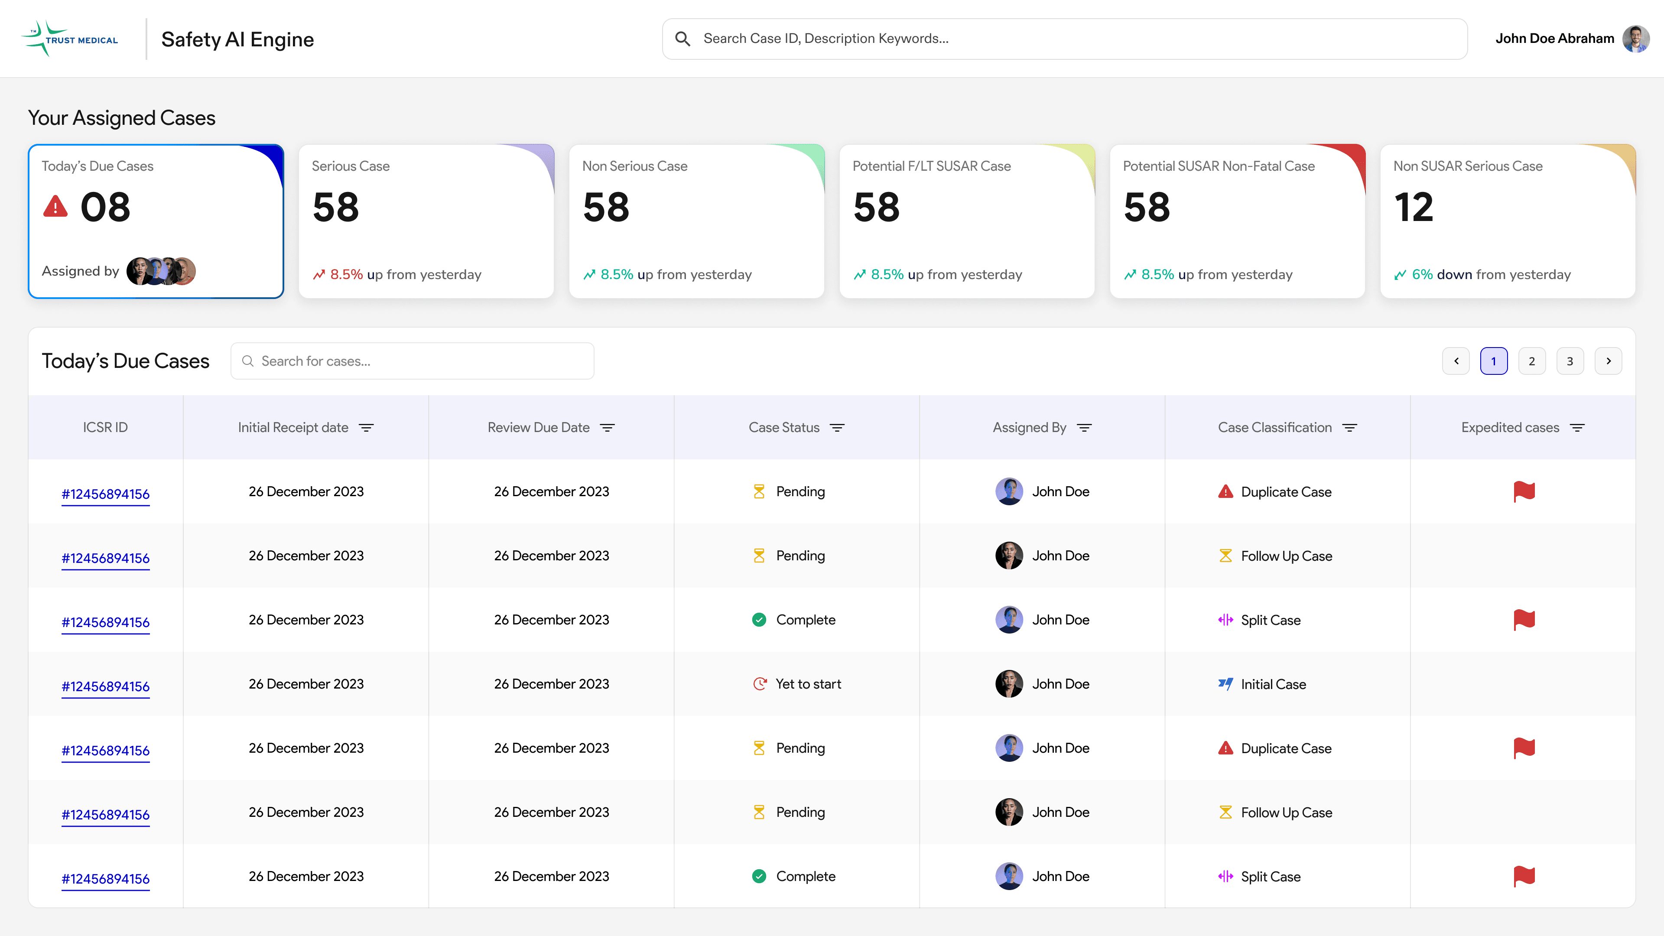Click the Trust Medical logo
69,39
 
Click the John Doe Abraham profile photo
1635,39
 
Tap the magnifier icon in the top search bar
682,39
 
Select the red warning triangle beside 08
55,206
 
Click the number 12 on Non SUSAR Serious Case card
1414,208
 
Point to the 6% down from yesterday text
1491,275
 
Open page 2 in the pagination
1531,361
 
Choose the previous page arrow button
1456,361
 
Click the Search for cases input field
412,361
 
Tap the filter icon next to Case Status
837,428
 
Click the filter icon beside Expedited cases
1577,428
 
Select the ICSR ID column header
105,428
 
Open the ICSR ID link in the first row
105,494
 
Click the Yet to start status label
808,684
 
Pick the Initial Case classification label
1273,685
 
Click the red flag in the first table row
1524,491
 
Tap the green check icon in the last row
759,877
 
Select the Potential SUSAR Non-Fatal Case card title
1218,166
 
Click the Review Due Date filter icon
607,428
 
